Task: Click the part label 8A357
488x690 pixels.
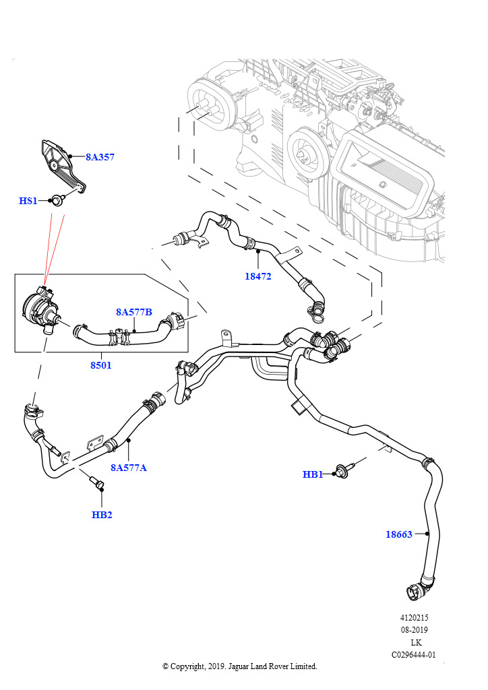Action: tap(100, 157)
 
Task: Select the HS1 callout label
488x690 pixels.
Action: tap(28, 201)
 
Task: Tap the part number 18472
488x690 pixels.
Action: tap(258, 276)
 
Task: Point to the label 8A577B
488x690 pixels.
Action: tap(134, 312)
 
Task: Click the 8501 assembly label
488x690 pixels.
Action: tap(101, 365)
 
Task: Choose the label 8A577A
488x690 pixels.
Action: tap(129, 467)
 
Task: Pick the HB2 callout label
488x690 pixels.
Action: tap(102, 515)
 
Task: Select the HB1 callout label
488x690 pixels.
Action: tap(313, 474)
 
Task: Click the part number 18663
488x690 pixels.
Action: tap(399, 534)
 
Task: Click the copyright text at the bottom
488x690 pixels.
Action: tap(239, 666)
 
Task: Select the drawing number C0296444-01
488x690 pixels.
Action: tap(414, 654)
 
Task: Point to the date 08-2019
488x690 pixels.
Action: tap(414, 630)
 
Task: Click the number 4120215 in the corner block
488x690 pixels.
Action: tap(414, 617)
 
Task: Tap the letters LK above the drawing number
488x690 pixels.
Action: tap(415, 642)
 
